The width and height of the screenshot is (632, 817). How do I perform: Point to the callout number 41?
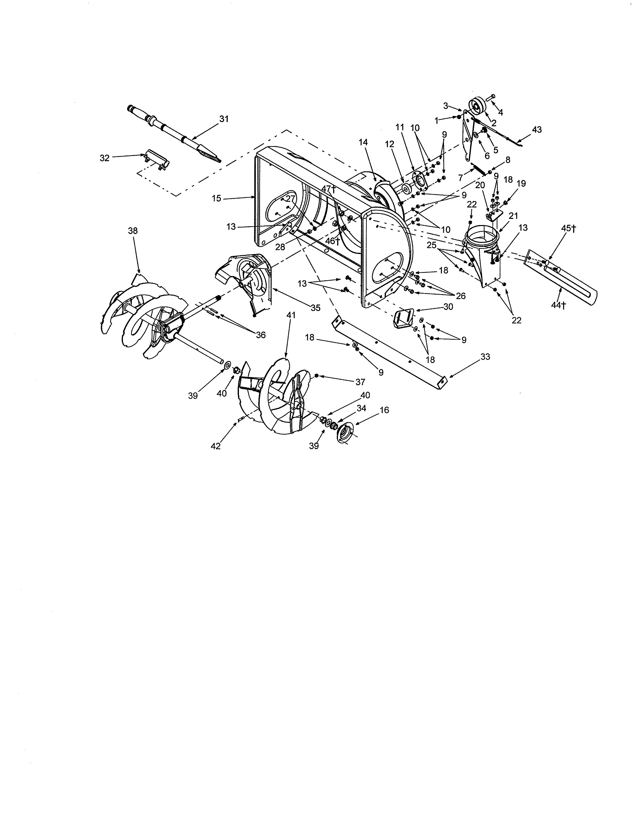[291, 315]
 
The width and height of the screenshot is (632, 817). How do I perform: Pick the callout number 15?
[217, 198]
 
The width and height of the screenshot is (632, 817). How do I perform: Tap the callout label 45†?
[568, 229]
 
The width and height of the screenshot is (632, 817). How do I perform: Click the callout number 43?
[537, 130]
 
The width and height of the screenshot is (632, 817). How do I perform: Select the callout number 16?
[384, 410]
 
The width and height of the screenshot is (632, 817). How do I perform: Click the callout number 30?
[448, 307]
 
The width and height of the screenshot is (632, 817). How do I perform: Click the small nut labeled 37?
[316, 376]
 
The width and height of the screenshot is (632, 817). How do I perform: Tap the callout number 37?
[360, 382]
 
